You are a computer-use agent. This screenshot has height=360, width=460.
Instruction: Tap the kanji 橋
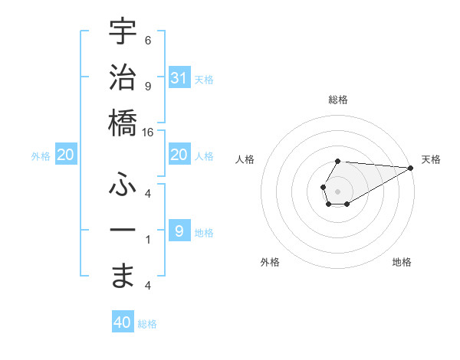coord(123,122)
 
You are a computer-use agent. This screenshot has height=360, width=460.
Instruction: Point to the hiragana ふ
coord(123,184)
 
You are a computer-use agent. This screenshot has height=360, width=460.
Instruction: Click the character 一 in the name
coord(123,231)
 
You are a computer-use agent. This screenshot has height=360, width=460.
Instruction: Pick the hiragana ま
coord(123,276)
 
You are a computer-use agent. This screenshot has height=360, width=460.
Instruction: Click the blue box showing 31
coord(179,77)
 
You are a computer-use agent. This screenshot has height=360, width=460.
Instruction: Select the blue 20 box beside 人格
coord(179,155)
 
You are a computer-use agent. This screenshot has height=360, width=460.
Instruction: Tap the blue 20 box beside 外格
coord(66,155)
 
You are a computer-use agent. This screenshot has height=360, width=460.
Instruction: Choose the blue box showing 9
coord(179,231)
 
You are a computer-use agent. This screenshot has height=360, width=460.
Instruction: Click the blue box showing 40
coord(123,322)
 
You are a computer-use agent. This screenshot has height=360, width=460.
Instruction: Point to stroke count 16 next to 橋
coord(148,132)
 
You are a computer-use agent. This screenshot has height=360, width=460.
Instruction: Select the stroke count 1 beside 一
coord(148,240)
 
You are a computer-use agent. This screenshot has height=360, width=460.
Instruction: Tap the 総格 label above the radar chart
coord(338,100)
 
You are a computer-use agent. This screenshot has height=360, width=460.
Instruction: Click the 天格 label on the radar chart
coord(431,159)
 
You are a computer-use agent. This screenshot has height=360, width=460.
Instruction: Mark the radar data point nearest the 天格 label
coord(411,168)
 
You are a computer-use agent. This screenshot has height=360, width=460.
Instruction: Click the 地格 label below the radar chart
coord(402,262)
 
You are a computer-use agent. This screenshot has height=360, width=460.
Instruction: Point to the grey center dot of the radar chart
coord(338,191)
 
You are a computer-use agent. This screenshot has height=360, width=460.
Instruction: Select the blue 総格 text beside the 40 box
coord(148,324)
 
